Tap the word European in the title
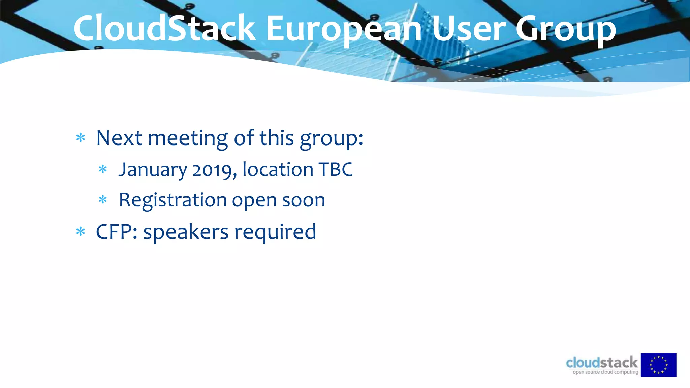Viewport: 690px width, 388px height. pyautogui.click(x=344, y=30)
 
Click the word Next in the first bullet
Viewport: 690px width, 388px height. pyautogui.click(x=119, y=138)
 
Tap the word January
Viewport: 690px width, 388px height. pyautogui.click(x=153, y=170)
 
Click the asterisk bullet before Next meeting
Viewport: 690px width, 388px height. pyautogui.click(x=81, y=138)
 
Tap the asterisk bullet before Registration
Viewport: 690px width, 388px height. pyautogui.click(x=103, y=200)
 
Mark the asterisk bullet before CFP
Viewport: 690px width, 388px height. pyautogui.click(x=81, y=232)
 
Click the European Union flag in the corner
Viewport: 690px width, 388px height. pyautogui.click(x=658, y=365)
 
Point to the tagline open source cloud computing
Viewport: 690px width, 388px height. pyautogui.click(x=605, y=372)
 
